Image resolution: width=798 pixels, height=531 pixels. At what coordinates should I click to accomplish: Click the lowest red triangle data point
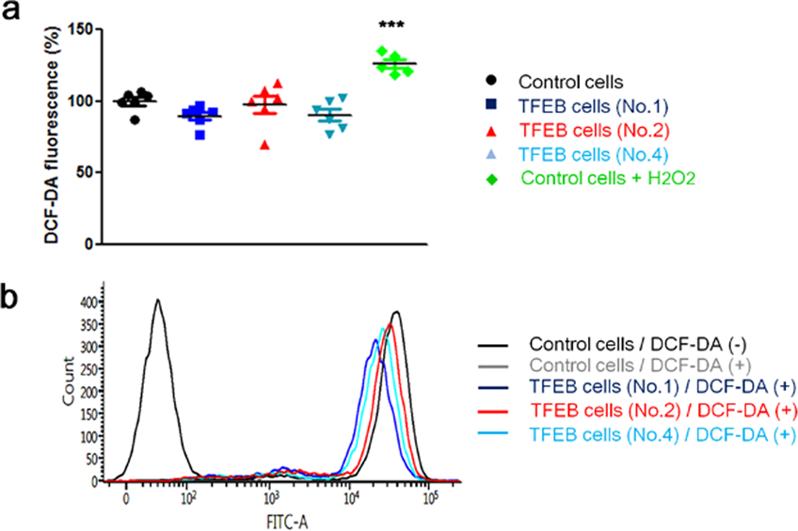(269, 145)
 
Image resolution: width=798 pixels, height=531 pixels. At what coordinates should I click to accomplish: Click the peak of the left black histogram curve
(158, 301)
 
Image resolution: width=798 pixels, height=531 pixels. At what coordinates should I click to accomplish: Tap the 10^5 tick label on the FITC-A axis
(431, 495)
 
